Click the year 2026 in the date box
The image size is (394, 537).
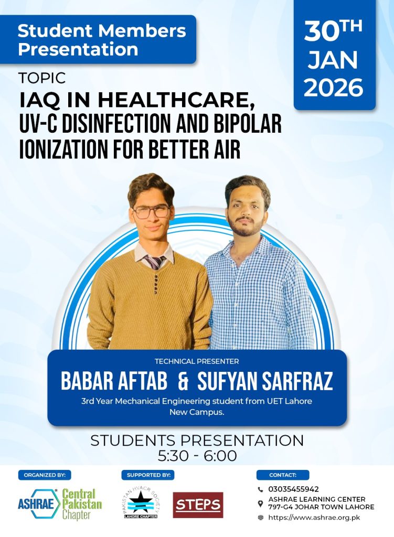(333, 87)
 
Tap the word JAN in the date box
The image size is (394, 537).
(333, 60)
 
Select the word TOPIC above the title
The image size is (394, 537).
(42, 78)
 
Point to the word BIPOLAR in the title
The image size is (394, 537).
(248, 123)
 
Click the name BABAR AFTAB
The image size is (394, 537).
(114, 381)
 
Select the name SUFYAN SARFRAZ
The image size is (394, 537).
(265, 381)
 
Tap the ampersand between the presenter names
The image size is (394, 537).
(183, 381)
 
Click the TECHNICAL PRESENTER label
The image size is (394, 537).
(197, 361)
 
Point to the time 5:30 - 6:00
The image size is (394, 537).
(197, 456)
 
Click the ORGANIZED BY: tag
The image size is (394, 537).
(45, 475)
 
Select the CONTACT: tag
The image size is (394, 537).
(283, 475)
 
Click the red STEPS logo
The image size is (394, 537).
(198, 505)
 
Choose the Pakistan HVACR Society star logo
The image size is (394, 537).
(141, 504)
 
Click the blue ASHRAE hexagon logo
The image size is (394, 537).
(38, 504)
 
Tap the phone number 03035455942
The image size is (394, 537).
(293, 489)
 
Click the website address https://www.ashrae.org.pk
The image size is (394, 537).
(314, 518)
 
